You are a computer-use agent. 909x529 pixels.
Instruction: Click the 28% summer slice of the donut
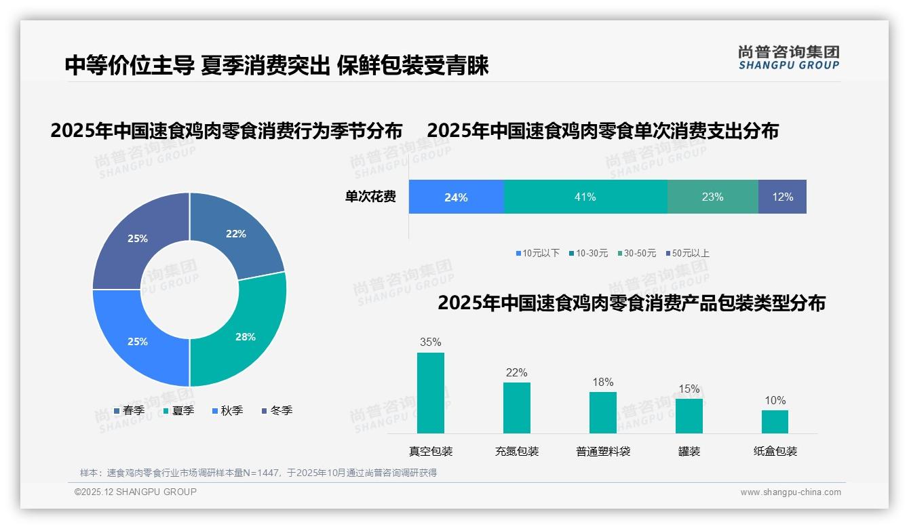(x=246, y=336)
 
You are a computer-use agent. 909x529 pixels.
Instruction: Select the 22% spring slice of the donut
(x=236, y=234)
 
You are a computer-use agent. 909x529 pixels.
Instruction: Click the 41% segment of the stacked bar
(x=585, y=197)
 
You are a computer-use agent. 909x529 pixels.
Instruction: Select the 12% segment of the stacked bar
(x=782, y=197)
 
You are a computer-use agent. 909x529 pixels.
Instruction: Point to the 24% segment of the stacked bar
(x=456, y=197)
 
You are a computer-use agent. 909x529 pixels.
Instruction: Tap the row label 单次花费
(x=370, y=197)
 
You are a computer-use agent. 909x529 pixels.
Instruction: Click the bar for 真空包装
(x=431, y=393)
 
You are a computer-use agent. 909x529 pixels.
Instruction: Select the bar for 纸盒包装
(x=775, y=422)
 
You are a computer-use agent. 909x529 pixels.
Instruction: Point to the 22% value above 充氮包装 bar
(x=516, y=372)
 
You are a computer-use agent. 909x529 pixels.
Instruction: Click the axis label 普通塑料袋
(x=603, y=451)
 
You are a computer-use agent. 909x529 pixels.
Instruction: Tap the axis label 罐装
(x=689, y=451)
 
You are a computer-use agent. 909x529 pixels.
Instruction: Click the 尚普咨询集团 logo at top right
(x=788, y=57)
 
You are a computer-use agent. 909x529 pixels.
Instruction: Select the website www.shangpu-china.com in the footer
(x=790, y=492)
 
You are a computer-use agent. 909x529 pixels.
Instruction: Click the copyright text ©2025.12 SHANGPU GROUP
(x=136, y=492)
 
